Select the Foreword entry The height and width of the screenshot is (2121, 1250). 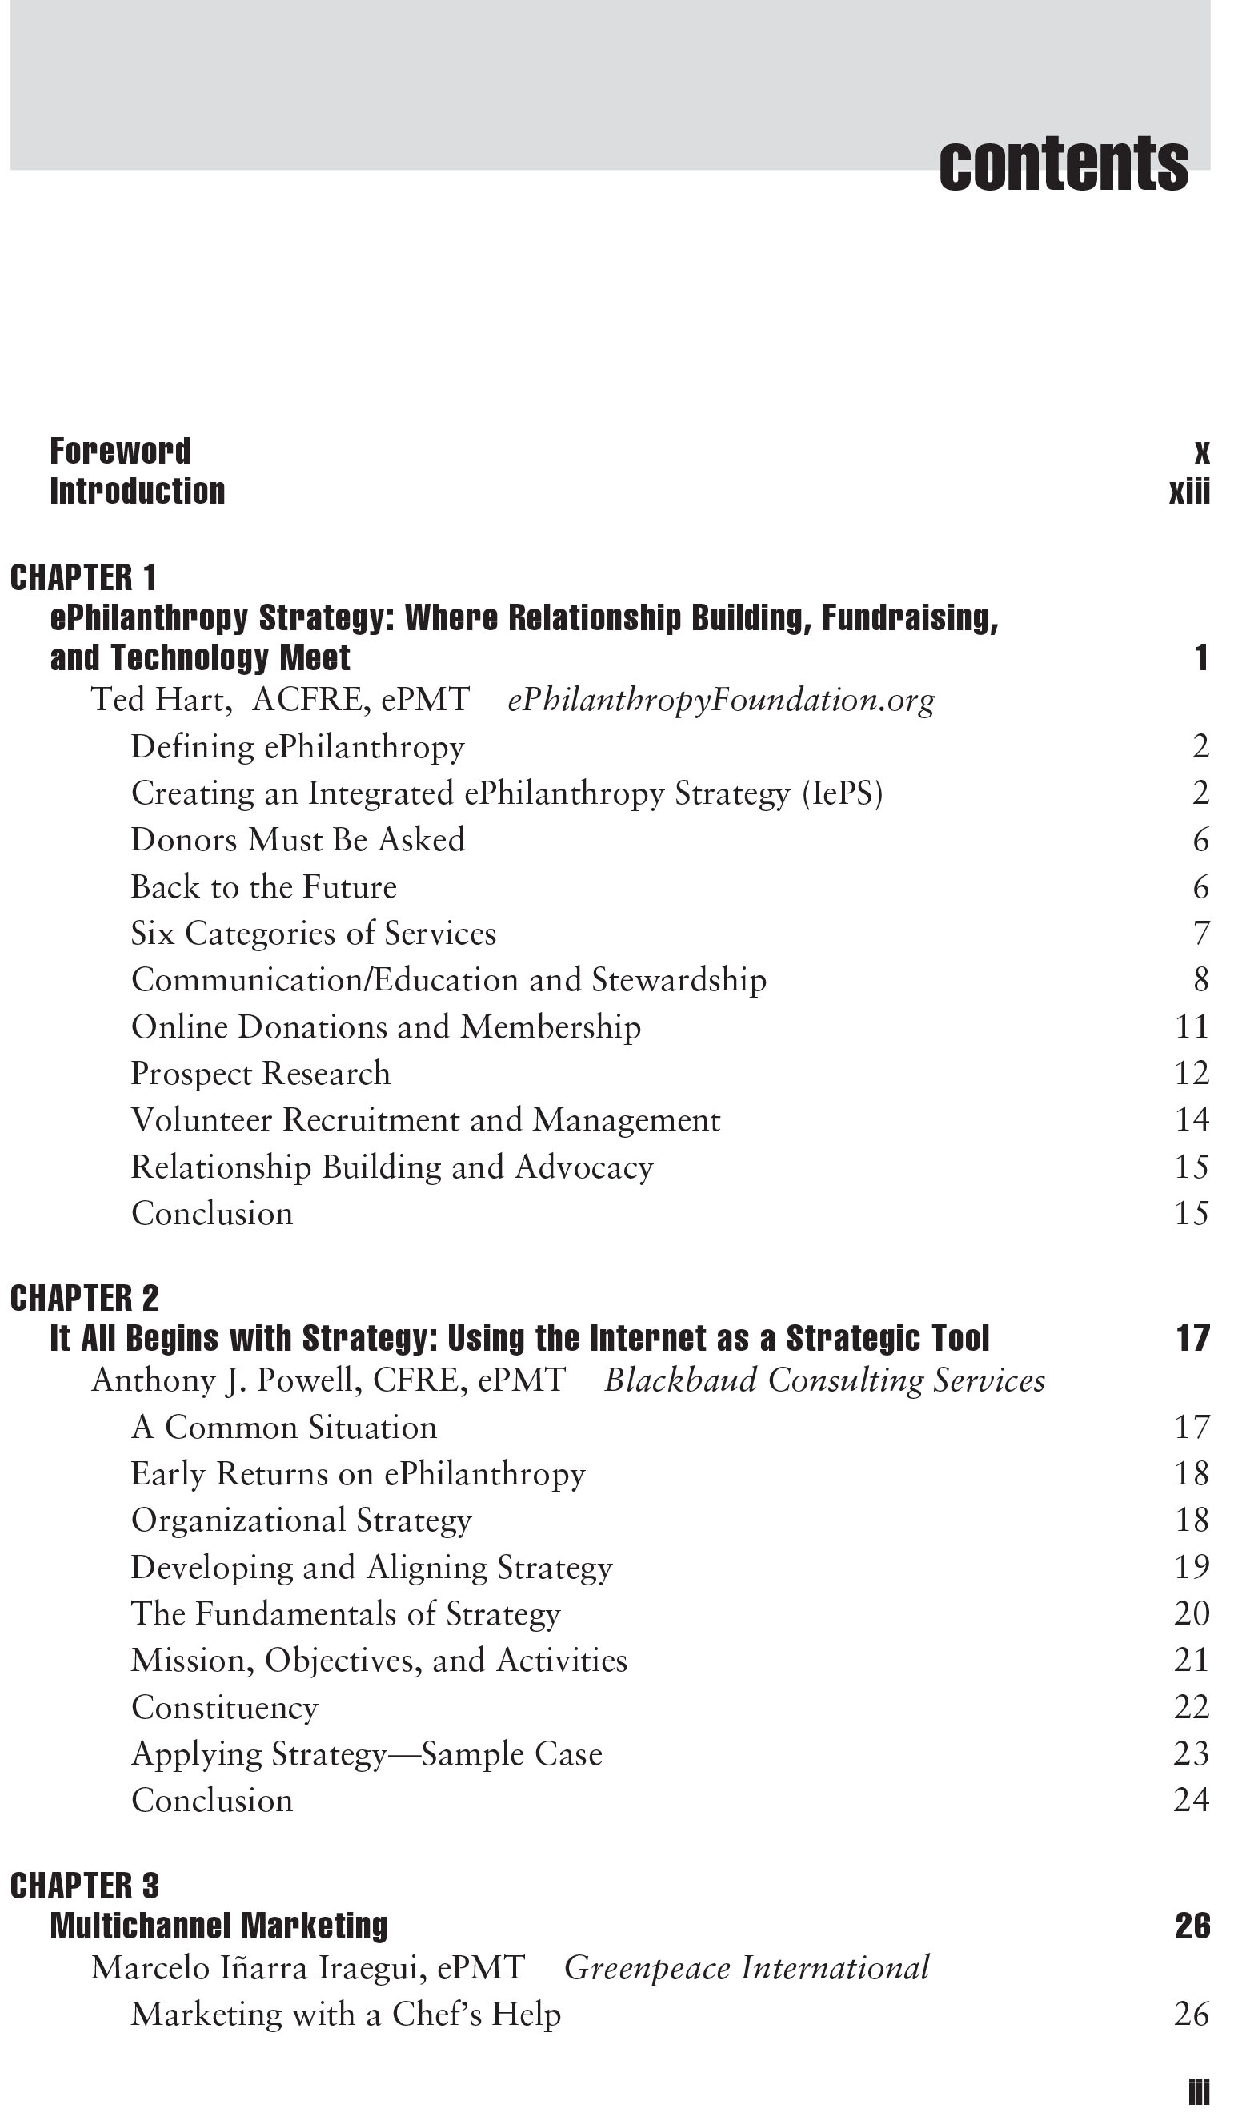pyautogui.click(x=121, y=451)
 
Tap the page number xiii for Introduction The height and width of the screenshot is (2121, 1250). pyautogui.click(x=1188, y=492)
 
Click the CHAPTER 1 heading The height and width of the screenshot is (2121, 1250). pyautogui.click(x=83, y=578)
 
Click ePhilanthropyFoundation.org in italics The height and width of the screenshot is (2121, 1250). pyautogui.click(x=721, y=700)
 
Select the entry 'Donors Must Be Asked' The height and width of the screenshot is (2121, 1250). pyautogui.click(x=298, y=839)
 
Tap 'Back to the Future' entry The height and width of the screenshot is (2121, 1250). pyautogui.click(x=263, y=886)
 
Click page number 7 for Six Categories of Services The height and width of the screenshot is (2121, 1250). pyautogui.click(x=1201, y=934)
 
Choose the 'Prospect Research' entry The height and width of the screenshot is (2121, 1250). pyautogui.click(x=260, y=1074)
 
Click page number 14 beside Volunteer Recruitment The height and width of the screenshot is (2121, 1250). pyautogui.click(x=1191, y=1120)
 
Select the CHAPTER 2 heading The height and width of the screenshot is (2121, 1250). pyautogui.click(x=84, y=1299)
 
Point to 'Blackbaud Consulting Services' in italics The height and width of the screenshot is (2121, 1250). pyautogui.click(x=824, y=1380)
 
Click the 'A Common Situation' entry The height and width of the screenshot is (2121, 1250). pyautogui.click(x=284, y=1428)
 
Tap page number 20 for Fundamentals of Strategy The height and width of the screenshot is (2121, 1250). pyautogui.click(x=1191, y=1613)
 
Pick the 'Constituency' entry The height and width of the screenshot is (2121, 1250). pyautogui.click(x=225, y=1707)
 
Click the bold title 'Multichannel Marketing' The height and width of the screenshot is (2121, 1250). pyautogui.click(x=219, y=1926)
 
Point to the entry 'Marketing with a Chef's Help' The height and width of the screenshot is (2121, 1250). pyautogui.click(x=346, y=2014)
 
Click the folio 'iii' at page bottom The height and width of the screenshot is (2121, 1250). pyautogui.click(x=1198, y=2092)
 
